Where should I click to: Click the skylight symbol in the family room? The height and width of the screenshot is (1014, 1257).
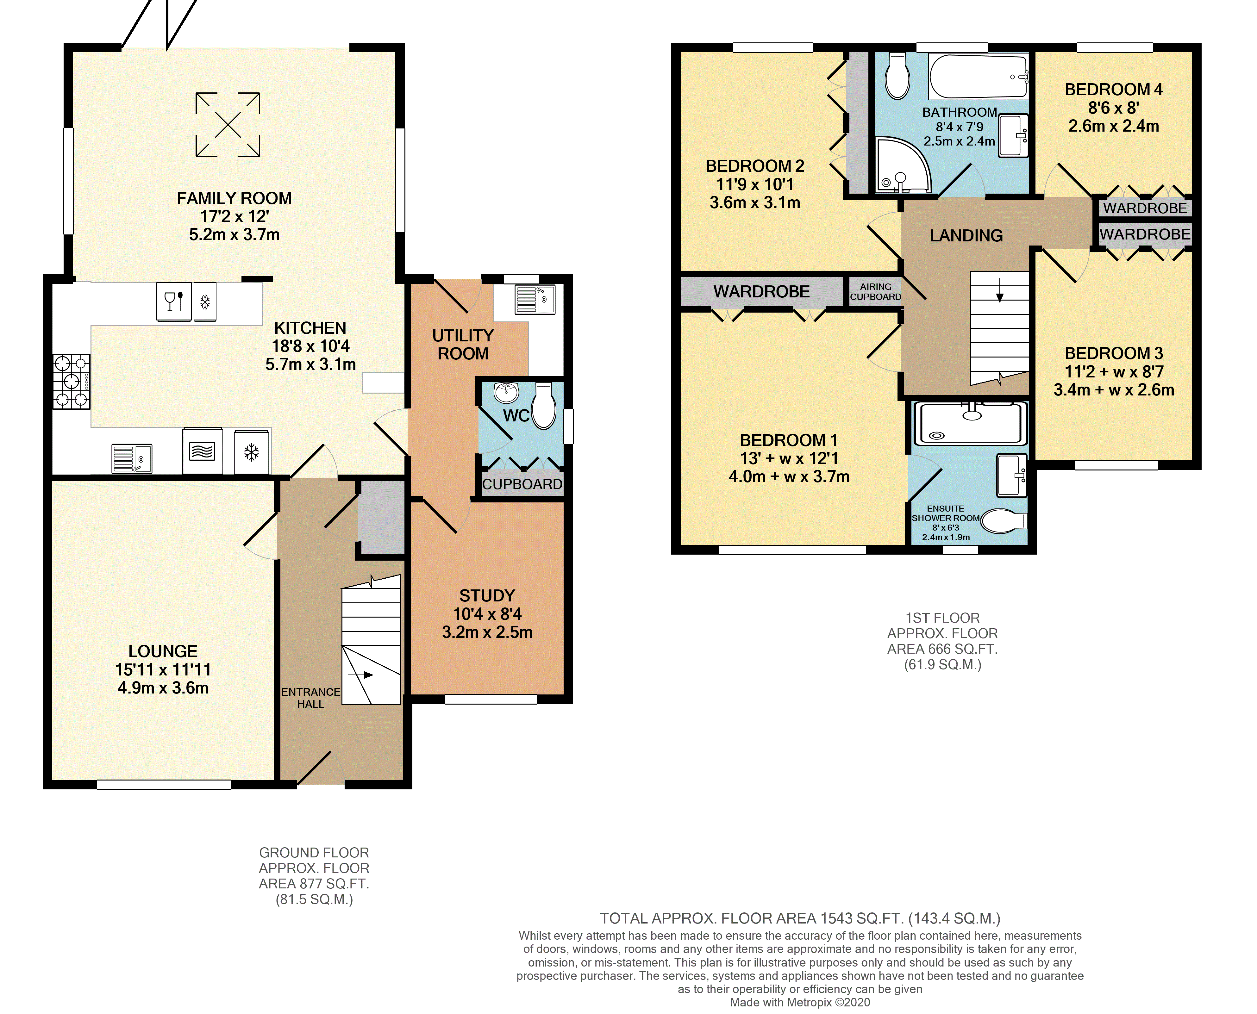pyautogui.click(x=228, y=124)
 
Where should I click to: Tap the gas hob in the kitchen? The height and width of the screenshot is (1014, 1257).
pyautogui.click(x=71, y=382)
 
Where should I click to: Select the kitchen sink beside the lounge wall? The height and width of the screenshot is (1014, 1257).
pyautogui.click(x=132, y=458)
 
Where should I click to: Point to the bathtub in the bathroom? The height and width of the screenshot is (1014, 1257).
pyautogui.click(x=979, y=77)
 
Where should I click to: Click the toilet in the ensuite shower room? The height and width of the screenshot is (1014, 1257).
pyautogui.click(x=1004, y=521)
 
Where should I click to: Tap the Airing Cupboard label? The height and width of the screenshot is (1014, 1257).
pyautogui.click(x=876, y=291)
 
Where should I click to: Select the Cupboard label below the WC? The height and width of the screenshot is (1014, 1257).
pyautogui.click(x=522, y=484)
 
